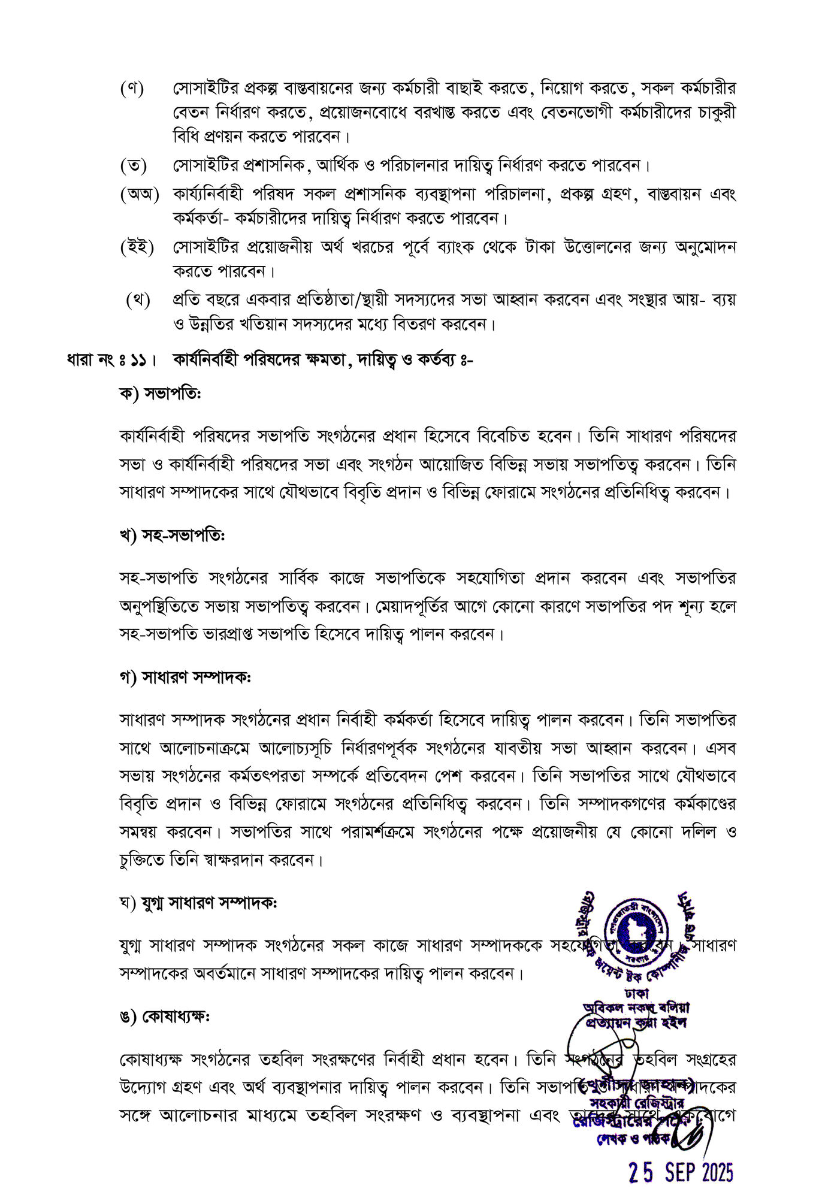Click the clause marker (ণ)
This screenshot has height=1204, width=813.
click(132, 89)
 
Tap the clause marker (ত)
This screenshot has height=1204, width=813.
click(133, 164)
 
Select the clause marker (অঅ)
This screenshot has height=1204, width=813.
click(139, 194)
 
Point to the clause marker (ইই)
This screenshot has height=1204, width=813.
click(137, 247)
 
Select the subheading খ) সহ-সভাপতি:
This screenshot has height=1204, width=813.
click(172, 536)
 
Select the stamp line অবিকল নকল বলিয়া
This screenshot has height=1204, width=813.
click(636, 1008)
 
